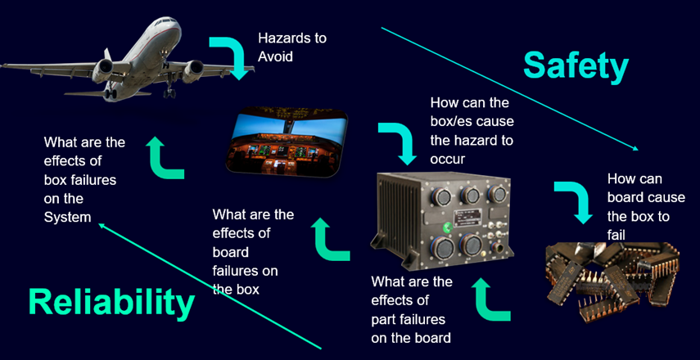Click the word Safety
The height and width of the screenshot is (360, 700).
(x=576, y=65)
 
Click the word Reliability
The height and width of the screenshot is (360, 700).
(x=111, y=302)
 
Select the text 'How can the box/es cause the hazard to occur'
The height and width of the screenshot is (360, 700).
(x=472, y=131)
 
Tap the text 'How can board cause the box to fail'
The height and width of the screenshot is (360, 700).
(x=638, y=207)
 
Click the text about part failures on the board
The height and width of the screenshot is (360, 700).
(x=411, y=309)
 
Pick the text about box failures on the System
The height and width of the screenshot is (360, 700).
(x=84, y=179)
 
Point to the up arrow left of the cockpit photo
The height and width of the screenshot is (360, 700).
(x=165, y=156)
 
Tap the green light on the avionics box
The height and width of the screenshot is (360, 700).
(x=447, y=226)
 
